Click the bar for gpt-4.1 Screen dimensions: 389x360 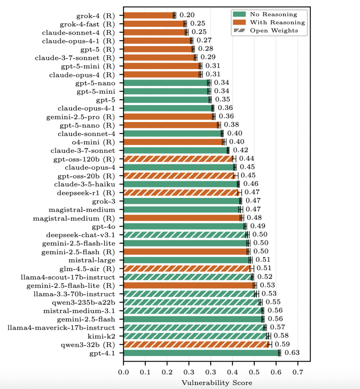click(179, 353)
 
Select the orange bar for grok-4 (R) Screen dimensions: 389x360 click(148, 16)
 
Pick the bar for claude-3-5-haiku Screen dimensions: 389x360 click(143, 184)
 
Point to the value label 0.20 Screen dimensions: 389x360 click(187, 16)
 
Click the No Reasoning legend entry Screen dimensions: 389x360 click(273, 14)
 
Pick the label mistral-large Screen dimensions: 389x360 click(94, 260)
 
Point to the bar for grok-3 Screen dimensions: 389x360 click(144, 201)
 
